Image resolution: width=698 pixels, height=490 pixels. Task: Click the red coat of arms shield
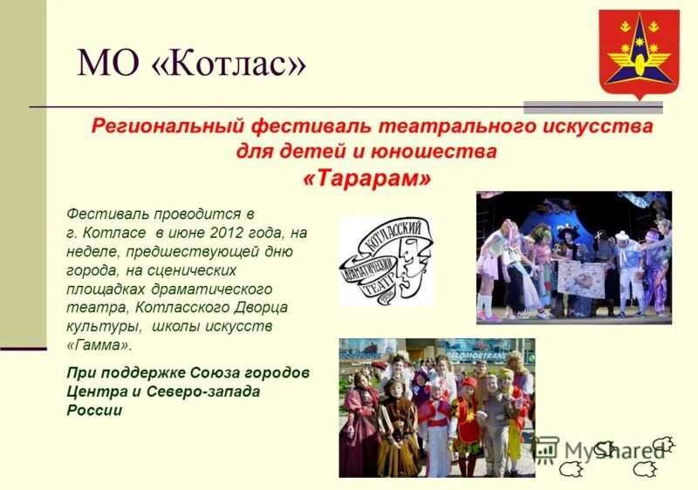point(639,52)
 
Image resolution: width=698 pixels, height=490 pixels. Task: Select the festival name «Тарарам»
point(367,178)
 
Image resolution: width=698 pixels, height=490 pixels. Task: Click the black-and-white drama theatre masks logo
point(387,261)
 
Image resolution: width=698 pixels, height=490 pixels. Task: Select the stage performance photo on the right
point(573,257)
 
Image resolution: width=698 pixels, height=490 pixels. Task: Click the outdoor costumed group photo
point(436,407)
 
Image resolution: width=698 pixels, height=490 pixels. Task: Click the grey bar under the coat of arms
point(592,108)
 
